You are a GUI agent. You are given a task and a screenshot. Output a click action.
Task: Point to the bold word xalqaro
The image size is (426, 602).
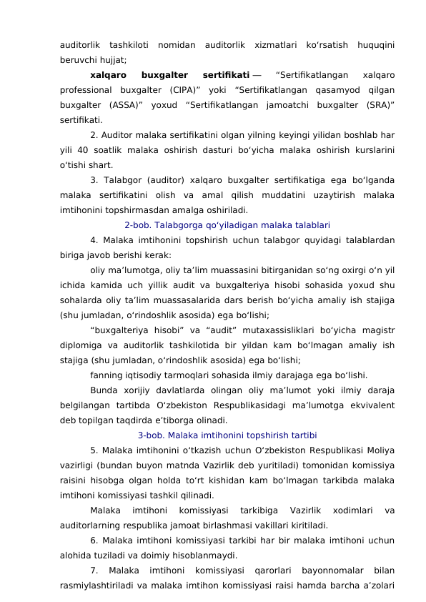point(109,75)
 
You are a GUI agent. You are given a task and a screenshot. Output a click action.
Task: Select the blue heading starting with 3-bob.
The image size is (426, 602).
point(227,435)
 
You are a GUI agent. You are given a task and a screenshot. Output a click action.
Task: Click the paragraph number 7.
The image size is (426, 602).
point(94,571)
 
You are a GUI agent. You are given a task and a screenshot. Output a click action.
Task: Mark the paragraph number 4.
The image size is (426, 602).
point(94,240)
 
